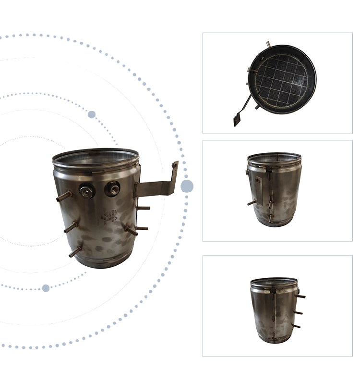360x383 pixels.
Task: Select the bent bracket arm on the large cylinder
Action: click(x=156, y=184)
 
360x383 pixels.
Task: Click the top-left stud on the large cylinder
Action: click(x=63, y=197)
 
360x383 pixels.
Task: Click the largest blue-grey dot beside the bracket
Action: click(x=187, y=186)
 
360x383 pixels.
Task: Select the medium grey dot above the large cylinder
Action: click(x=92, y=114)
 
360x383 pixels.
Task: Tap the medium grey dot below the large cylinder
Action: click(x=46, y=288)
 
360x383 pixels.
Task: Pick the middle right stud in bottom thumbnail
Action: click(x=299, y=312)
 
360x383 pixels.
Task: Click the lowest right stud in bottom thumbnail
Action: click(x=296, y=326)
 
